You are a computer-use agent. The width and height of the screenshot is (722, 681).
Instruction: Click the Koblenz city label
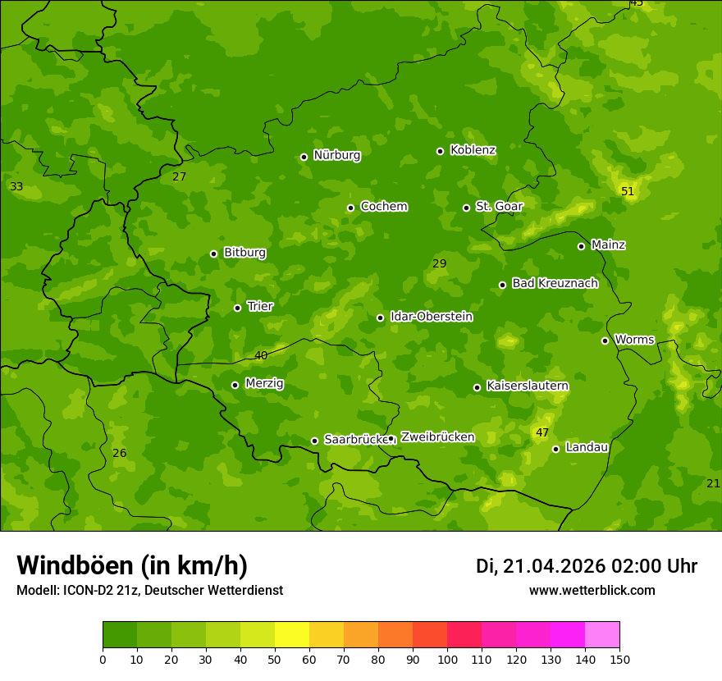[473, 150]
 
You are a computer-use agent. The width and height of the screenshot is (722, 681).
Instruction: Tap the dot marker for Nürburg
[304, 157]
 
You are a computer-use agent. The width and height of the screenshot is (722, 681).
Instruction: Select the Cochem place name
[383, 206]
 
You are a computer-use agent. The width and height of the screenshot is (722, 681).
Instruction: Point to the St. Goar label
[499, 206]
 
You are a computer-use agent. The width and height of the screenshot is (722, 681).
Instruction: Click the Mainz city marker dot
[581, 246]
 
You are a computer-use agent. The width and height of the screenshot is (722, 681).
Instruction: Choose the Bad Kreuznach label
[555, 283]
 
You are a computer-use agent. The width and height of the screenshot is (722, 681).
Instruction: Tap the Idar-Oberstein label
[431, 316]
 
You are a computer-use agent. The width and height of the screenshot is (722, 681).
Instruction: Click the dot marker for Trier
[237, 308]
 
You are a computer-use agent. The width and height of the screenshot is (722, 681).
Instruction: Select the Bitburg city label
[244, 252]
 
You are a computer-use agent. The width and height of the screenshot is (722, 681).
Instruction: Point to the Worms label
[634, 339]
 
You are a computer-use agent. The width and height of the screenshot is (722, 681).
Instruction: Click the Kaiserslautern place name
[528, 385]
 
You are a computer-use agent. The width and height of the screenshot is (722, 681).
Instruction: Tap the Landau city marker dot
[555, 449]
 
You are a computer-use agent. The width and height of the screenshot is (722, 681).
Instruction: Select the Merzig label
[264, 383]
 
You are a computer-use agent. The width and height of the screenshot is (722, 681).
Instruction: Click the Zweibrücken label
[437, 436]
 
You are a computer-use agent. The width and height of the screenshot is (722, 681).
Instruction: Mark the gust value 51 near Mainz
[628, 191]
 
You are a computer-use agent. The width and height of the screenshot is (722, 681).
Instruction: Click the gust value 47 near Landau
[542, 432]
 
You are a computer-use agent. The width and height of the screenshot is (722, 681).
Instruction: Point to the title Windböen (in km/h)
[132, 565]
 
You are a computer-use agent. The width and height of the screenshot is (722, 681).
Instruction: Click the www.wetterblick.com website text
[592, 590]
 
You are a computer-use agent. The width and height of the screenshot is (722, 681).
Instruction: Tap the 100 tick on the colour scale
[447, 658]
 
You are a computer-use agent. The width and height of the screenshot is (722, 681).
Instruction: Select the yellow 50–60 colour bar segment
[292, 634]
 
